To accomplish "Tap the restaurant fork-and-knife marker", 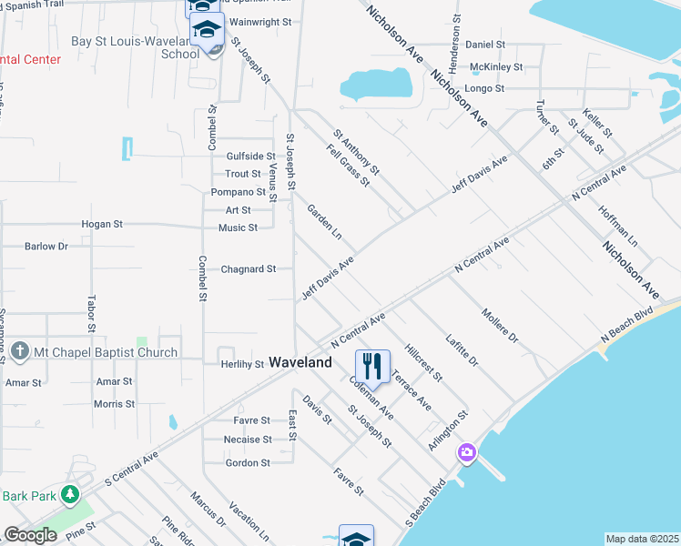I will coord(372,366).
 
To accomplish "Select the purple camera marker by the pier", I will coord(467,452).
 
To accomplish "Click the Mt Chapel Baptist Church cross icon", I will coord(19,352).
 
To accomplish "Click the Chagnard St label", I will coord(249,269).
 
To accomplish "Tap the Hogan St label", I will coord(102,224).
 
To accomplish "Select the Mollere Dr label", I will coord(499,325).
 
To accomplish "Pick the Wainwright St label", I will coord(259,20).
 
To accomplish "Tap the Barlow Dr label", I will coord(46,246).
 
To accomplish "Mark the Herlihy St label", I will coord(241,364).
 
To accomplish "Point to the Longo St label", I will coord(484,88).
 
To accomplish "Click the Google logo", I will coord(30,535).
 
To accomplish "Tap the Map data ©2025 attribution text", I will coord(642,539).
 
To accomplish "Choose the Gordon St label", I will coord(248,462).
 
